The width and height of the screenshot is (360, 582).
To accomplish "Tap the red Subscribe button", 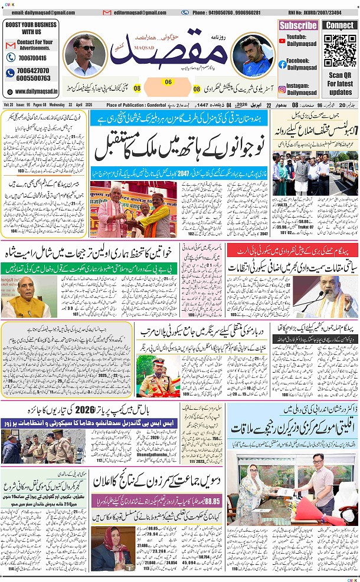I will click(x=298, y=25).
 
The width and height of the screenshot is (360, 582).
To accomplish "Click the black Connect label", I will click(x=340, y=25).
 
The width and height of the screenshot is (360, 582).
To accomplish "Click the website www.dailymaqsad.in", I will click(x=34, y=91).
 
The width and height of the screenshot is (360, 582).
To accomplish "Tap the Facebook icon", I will click(x=282, y=64).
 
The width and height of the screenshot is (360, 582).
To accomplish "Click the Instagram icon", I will click(x=282, y=89).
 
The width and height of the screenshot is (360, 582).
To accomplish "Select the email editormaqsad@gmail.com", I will click(x=138, y=12).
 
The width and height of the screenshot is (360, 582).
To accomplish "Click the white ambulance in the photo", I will click(x=345, y=167).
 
